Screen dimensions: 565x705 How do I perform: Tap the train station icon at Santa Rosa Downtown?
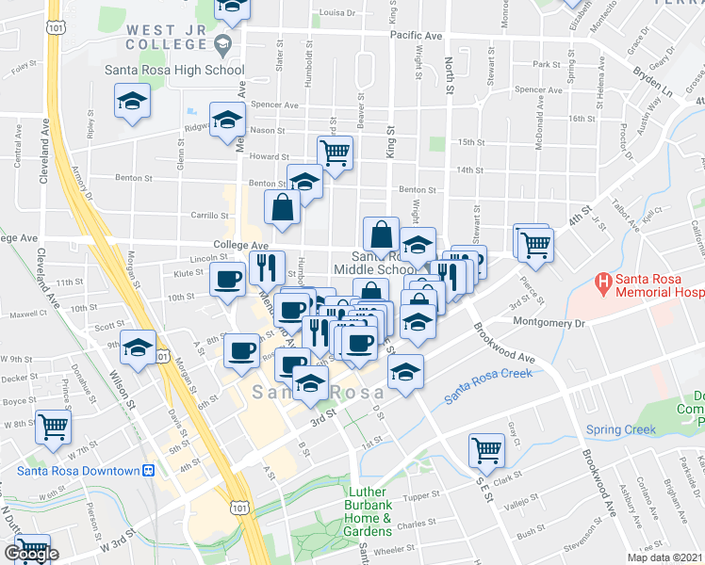147,470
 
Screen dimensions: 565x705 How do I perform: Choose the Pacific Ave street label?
416,36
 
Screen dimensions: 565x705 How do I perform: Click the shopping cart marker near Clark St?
486,449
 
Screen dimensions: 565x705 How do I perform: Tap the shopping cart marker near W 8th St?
53,426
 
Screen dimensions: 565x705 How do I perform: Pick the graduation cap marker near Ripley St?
133,101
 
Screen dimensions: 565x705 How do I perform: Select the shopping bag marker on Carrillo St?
283,207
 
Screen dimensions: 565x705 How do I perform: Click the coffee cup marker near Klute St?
228,280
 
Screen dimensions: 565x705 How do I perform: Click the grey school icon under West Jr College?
222,43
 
